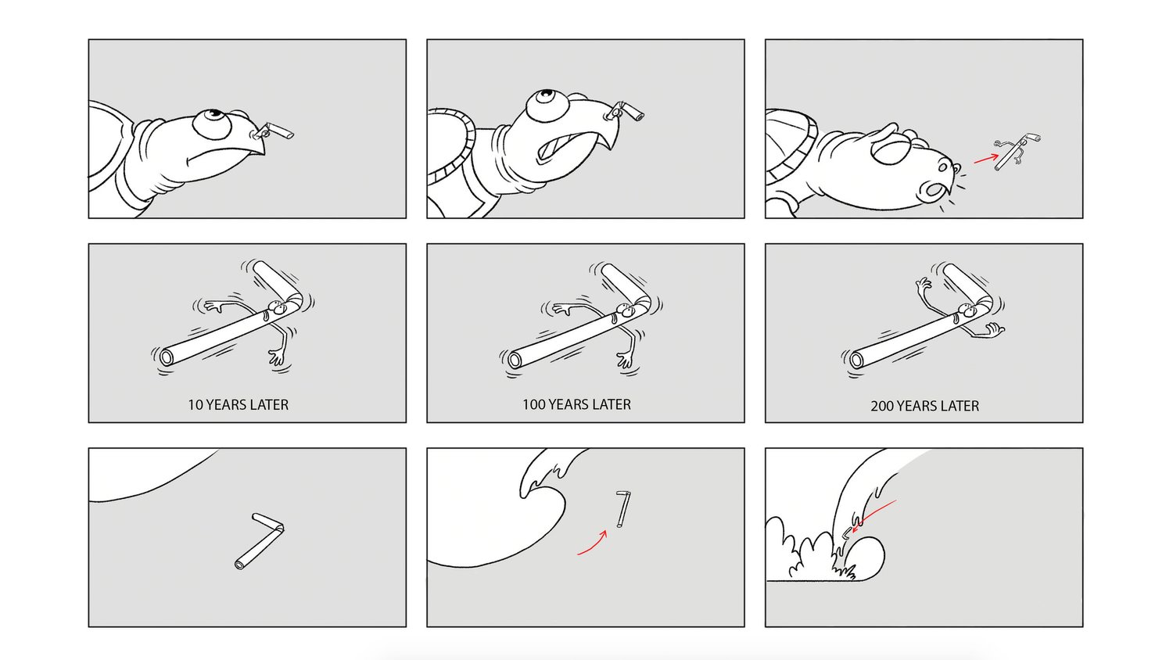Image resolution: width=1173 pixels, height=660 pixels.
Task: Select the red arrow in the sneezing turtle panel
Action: click(986, 158)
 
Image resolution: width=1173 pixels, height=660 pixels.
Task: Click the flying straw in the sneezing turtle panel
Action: click(1017, 151)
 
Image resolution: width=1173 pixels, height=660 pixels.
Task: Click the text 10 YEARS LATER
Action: click(239, 405)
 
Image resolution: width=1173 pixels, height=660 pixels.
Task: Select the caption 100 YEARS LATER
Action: click(576, 404)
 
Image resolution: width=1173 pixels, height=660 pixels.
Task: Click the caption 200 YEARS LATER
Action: click(925, 406)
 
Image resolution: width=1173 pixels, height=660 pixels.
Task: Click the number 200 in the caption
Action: click(882, 406)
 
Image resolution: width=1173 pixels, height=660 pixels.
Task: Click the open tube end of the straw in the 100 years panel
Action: click(514, 360)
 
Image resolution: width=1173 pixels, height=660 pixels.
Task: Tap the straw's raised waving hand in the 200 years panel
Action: click(922, 285)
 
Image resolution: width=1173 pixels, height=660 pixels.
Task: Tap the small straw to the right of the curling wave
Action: click(623, 508)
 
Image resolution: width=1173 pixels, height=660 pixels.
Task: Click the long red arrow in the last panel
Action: click(873, 516)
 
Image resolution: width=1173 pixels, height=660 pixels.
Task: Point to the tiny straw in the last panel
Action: click(845, 534)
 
